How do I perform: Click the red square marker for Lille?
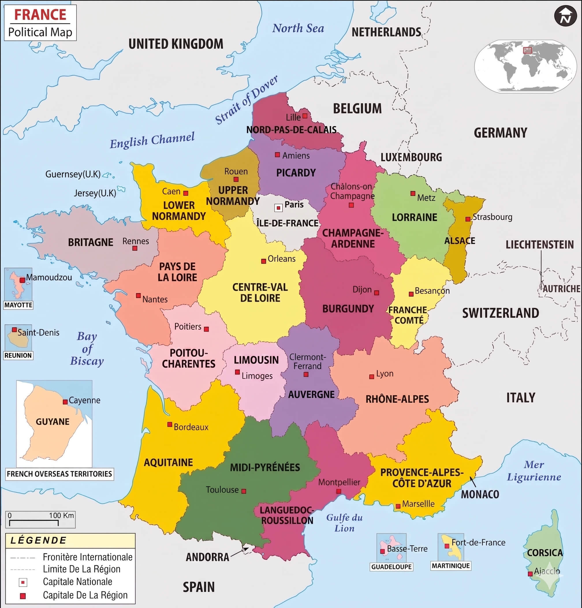click(305, 116)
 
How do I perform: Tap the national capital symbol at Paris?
click(278, 208)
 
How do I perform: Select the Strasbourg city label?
click(492, 217)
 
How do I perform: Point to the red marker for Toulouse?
click(244, 491)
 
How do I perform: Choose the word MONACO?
click(480, 494)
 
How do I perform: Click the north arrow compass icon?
click(565, 16)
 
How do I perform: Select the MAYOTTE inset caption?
click(18, 305)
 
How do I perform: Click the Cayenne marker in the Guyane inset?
click(65, 402)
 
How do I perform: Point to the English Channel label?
click(152, 140)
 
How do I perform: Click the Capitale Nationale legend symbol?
click(23, 582)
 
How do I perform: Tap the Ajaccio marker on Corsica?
click(530, 574)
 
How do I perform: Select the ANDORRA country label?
click(207, 557)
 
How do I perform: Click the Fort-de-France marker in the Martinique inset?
click(447, 546)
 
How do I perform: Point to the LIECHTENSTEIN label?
click(540, 244)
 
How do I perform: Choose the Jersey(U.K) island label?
click(95, 193)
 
